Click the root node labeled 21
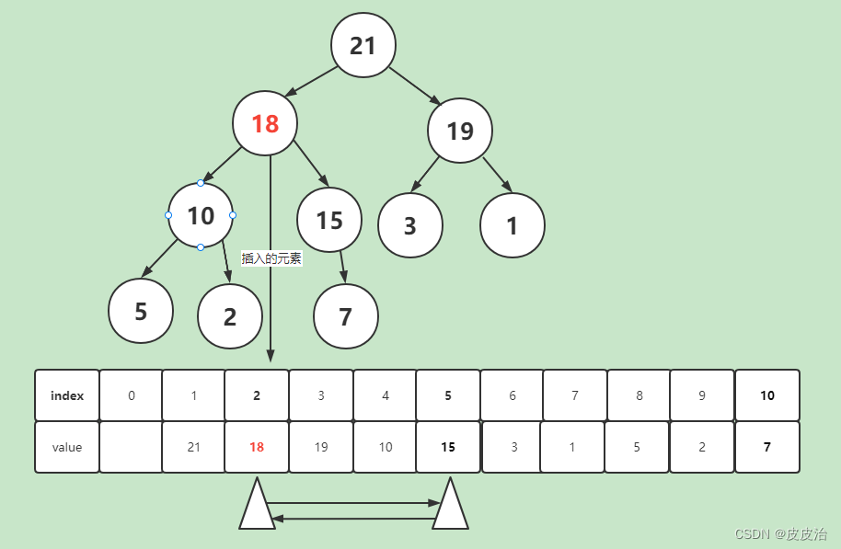pyautogui.click(x=363, y=45)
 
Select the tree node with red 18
pyautogui.click(x=265, y=123)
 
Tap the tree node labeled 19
pyautogui.click(x=460, y=131)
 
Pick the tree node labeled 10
pyautogui.click(x=201, y=215)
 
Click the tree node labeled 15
pyautogui.click(x=329, y=220)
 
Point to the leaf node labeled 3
pyautogui.click(x=410, y=225)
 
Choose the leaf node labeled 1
pyautogui.click(x=513, y=225)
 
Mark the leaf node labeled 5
pyautogui.click(x=141, y=311)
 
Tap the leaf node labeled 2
pyautogui.click(x=230, y=316)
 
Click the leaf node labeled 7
pyautogui.click(x=346, y=316)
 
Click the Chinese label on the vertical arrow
pyautogui.click(x=271, y=258)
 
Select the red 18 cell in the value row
pyautogui.click(x=257, y=448)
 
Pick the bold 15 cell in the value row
pyautogui.click(x=448, y=448)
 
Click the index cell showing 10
pyautogui.click(x=767, y=395)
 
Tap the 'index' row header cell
pyautogui.click(x=67, y=395)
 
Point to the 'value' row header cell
pyautogui.click(x=67, y=448)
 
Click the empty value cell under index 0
pyautogui.click(x=131, y=448)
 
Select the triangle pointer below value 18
pyautogui.click(x=257, y=507)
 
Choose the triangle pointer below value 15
pyautogui.click(x=451, y=507)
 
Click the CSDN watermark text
pyautogui.click(x=781, y=534)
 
